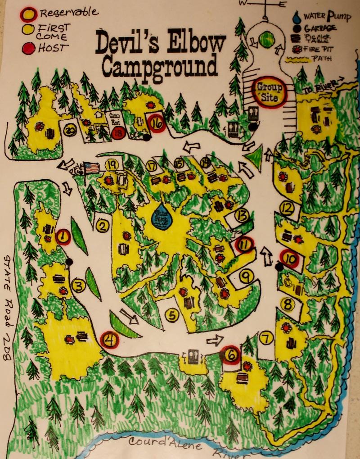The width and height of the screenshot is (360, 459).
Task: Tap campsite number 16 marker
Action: pyautogui.click(x=157, y=122)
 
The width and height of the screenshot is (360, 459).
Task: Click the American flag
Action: pyautogui.click(x=91, y=168)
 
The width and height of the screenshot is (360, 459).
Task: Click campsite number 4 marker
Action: pyautogui.click(x=109, y=339)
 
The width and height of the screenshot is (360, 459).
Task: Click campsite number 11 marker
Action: pyautogui.click(x=244, y=245)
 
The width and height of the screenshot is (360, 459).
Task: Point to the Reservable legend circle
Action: pyautogui.click(x=28, y=14)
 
